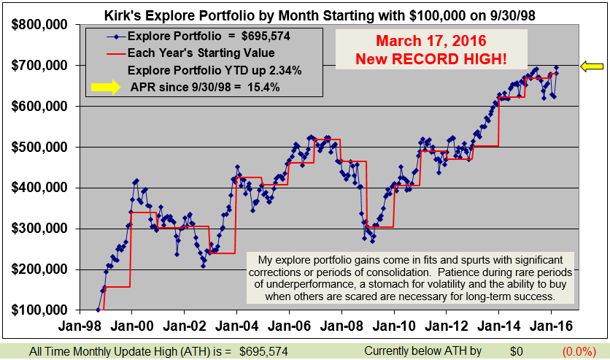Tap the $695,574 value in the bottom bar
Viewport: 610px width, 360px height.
point(263,351)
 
